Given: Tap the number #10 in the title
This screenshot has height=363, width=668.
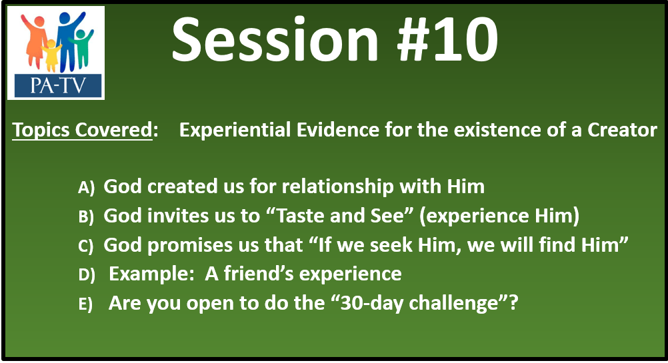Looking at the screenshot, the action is (x=447, y=40).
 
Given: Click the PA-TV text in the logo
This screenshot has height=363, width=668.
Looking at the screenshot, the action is (x=58, y=85).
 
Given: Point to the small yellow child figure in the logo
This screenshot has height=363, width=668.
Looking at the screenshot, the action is (x=51, y=55).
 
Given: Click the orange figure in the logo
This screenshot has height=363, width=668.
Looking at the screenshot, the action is (x=35, y=42).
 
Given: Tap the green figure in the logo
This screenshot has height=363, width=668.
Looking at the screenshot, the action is (x=82, y=48).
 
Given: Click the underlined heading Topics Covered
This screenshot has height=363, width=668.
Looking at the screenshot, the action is (x=82, y=130).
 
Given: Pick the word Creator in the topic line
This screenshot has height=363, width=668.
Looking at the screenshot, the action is (x=622, y=130).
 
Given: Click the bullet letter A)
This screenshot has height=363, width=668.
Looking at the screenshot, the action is (x=86, y=187).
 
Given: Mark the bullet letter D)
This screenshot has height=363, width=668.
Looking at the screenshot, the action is (x=87, y=275).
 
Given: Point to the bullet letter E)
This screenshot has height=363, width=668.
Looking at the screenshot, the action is (x=85, y=304).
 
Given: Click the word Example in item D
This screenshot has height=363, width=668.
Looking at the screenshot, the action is (x=151, y=274).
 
